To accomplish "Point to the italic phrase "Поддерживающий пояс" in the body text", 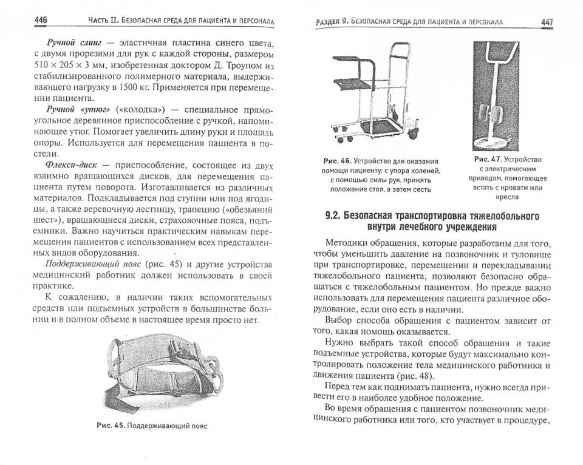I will tap(93, 265).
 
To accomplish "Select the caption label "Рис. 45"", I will tap(111, 426).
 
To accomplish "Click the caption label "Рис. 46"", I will tap(338, 161).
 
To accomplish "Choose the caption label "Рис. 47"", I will tap(488, 159).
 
